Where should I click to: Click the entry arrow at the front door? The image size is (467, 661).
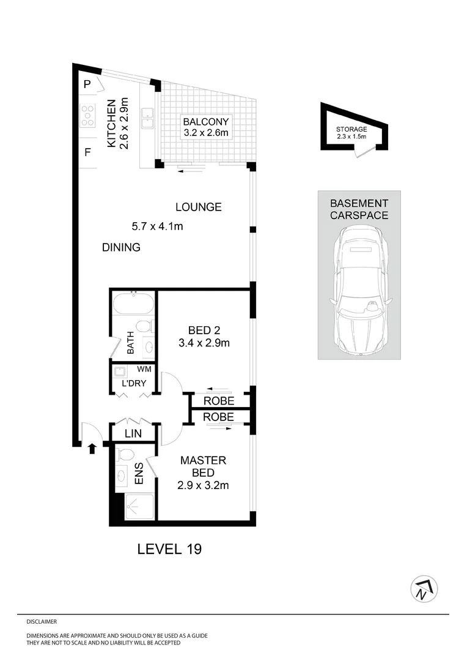click(x=92, y=449)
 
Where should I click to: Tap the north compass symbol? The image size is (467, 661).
click(x=424, y=589)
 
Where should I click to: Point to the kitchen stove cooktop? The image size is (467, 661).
click(x=87, y=116)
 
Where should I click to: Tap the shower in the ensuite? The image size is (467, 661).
click(x=139, y=506)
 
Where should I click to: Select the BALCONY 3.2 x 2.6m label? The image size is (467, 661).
click(x=205, y=127)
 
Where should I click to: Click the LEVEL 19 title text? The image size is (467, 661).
click(x=169, y=548)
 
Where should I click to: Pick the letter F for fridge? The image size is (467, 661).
click(x=87, y=152)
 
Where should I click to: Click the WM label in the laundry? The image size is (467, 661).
click(x=144, y=369)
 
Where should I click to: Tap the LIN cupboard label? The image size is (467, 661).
click(x=133, y=433)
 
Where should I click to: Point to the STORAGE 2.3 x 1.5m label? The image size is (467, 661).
click(x=351, y=132)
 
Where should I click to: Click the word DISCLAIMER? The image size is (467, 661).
click(x=42, y=621)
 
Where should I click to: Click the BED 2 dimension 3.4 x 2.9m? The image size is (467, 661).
click(x=204, y=343)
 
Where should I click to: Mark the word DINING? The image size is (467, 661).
click(x=121, y=247)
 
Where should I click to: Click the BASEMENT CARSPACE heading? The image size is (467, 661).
click(x=359, y=209)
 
